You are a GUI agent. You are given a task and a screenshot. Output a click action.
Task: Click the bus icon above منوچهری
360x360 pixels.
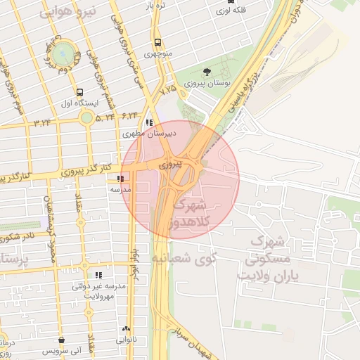click(x=157, y=43)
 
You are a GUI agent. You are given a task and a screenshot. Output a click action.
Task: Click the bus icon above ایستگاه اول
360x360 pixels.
click(x=79, y=92)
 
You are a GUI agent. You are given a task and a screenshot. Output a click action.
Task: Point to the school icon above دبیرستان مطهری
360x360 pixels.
click(x=149, y=122)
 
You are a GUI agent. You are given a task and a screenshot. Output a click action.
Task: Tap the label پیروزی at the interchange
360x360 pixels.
click(x=171, y=164)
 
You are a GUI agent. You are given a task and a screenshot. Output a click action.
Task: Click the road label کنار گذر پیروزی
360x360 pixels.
click(x=67, y=171)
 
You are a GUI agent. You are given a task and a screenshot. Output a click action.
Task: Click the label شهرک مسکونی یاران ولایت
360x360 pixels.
click(x=274, y=257)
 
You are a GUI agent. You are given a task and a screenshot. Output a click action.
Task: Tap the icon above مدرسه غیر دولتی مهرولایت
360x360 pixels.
click(x=98, y=275)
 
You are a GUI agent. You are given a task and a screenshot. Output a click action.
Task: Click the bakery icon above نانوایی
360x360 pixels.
click(x=127, y=328)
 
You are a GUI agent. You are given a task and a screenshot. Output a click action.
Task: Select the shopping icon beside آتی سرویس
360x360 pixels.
click(x=64, y=340)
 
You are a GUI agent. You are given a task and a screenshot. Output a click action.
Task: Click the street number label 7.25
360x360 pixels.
click(x=168, y=90)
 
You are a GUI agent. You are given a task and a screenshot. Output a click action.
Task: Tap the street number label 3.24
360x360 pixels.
click(x=41, y=122)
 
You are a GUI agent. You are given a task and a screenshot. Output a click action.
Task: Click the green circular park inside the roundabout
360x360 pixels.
click(x=63, y=51)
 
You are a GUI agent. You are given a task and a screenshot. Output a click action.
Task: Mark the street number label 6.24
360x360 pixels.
click(x=129, y=114)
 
